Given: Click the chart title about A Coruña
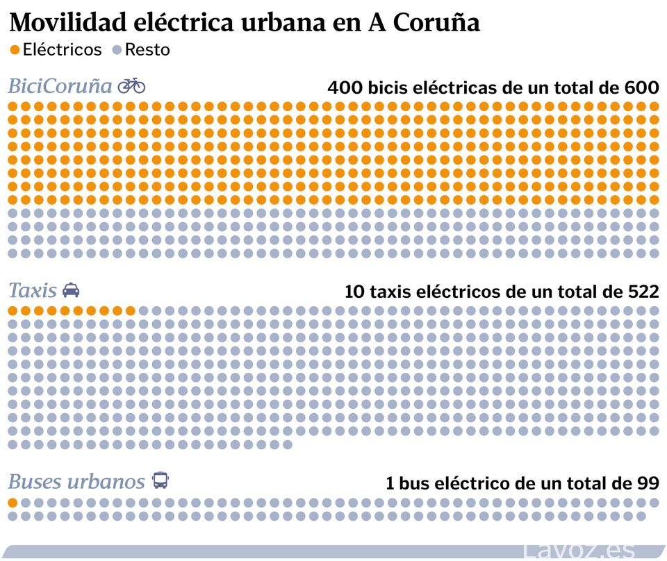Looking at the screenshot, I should coord(245,22).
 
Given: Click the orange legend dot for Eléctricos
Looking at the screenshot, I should coord(15,50).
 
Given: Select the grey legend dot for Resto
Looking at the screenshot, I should coord(117,50).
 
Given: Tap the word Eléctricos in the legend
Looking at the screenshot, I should coord(62,50).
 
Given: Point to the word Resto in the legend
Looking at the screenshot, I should coord(147,50).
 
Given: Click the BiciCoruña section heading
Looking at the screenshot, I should coord(60,86).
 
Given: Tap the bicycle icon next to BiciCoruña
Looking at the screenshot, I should coord(131,85).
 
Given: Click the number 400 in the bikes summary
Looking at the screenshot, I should coord(345,88).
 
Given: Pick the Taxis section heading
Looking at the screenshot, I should coord(32,290).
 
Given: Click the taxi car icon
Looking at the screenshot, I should coord(71,290).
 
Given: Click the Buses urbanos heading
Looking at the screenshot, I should coord(76,481).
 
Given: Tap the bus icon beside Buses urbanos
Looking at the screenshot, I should coord(160,480).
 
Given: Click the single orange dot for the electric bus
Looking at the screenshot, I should coord(13,503).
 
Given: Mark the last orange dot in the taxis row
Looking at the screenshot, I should coord(130,310).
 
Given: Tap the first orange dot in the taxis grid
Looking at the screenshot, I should coord(13,310).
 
